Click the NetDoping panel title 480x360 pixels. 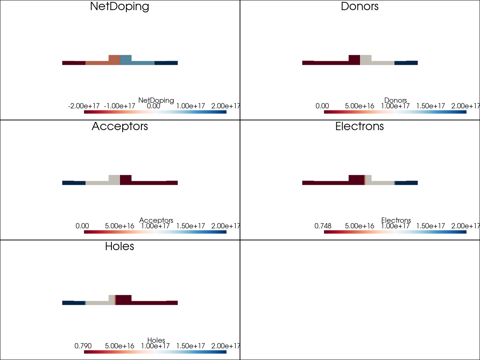click(120, 6)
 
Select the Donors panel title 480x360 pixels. click(360, 6)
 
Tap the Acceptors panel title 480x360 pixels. click(120, 126)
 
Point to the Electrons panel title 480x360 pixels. click(360, 126)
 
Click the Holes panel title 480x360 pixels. click(120, 246)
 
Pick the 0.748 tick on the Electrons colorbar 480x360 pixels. click(323, 226)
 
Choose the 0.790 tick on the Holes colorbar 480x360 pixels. click(83, 346)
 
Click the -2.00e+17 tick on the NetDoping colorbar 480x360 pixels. click(84, 106)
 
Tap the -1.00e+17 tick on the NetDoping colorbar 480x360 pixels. click(119, 106)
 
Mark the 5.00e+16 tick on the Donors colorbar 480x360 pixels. click(360, 106)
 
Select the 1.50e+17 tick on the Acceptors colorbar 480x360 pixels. click(190, 226)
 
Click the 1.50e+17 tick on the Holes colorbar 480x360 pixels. click(190, 346)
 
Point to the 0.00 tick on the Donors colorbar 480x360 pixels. click(322, 106)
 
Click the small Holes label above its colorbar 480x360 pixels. click(156, 340)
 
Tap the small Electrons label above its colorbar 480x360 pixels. click(396, 220)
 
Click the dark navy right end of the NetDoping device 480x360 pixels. click(166, 63)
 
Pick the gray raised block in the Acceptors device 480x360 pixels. click(114, 178)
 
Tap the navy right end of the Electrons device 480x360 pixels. click(406, 183)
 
